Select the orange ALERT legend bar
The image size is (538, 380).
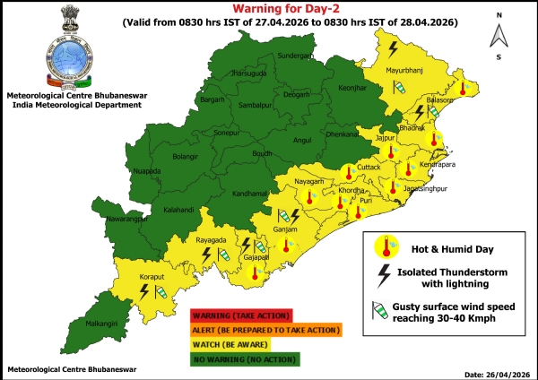(265, 330)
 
